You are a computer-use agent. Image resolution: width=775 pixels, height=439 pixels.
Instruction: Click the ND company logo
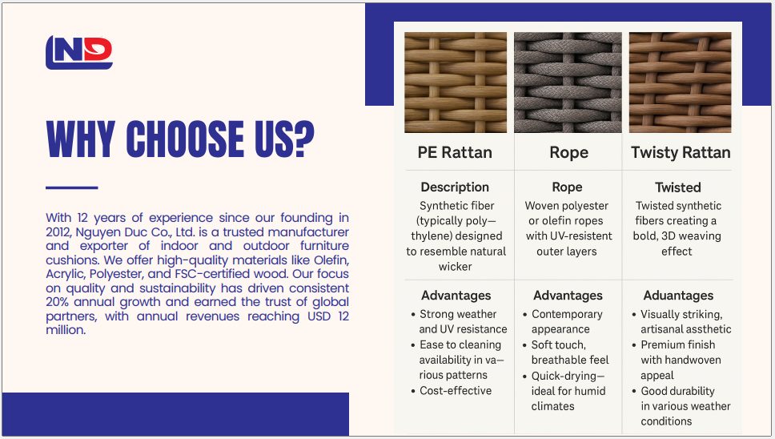(x=79, y=52)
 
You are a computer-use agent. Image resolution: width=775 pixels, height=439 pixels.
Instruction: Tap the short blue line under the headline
(x=72, y=188)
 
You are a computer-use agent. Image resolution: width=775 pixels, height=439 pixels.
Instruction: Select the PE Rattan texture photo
(x=456, y=83)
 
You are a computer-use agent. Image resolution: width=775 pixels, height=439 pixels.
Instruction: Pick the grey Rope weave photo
(x=568, y=83)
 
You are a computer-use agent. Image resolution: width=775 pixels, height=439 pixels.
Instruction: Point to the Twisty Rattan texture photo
(x=680, y=83)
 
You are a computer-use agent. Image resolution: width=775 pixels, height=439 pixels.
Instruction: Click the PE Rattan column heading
(x=455, y=152)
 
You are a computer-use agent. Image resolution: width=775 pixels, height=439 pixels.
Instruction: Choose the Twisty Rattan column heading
(x=681, y=152)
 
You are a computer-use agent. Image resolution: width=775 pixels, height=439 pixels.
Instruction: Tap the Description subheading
(x=455, y=187)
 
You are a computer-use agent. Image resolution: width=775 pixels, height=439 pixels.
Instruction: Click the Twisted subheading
(x=678, y=187)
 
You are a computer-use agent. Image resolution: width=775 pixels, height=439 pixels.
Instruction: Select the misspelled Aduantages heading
(x=678, y=296)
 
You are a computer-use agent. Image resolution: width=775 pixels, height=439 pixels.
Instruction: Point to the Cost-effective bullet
(x=456, y=391)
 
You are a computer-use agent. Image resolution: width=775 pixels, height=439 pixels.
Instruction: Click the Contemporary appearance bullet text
(x=567, y=322)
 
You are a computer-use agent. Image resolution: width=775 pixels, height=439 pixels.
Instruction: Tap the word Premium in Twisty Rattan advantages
(x=660, y=344)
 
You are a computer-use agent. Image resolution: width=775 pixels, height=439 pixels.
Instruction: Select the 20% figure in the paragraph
(x=58, y=302)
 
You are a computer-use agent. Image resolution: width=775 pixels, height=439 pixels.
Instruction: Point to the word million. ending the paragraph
(x=66, y=330)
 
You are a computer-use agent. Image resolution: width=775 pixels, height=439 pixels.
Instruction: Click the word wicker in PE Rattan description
(x=456, y=267)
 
